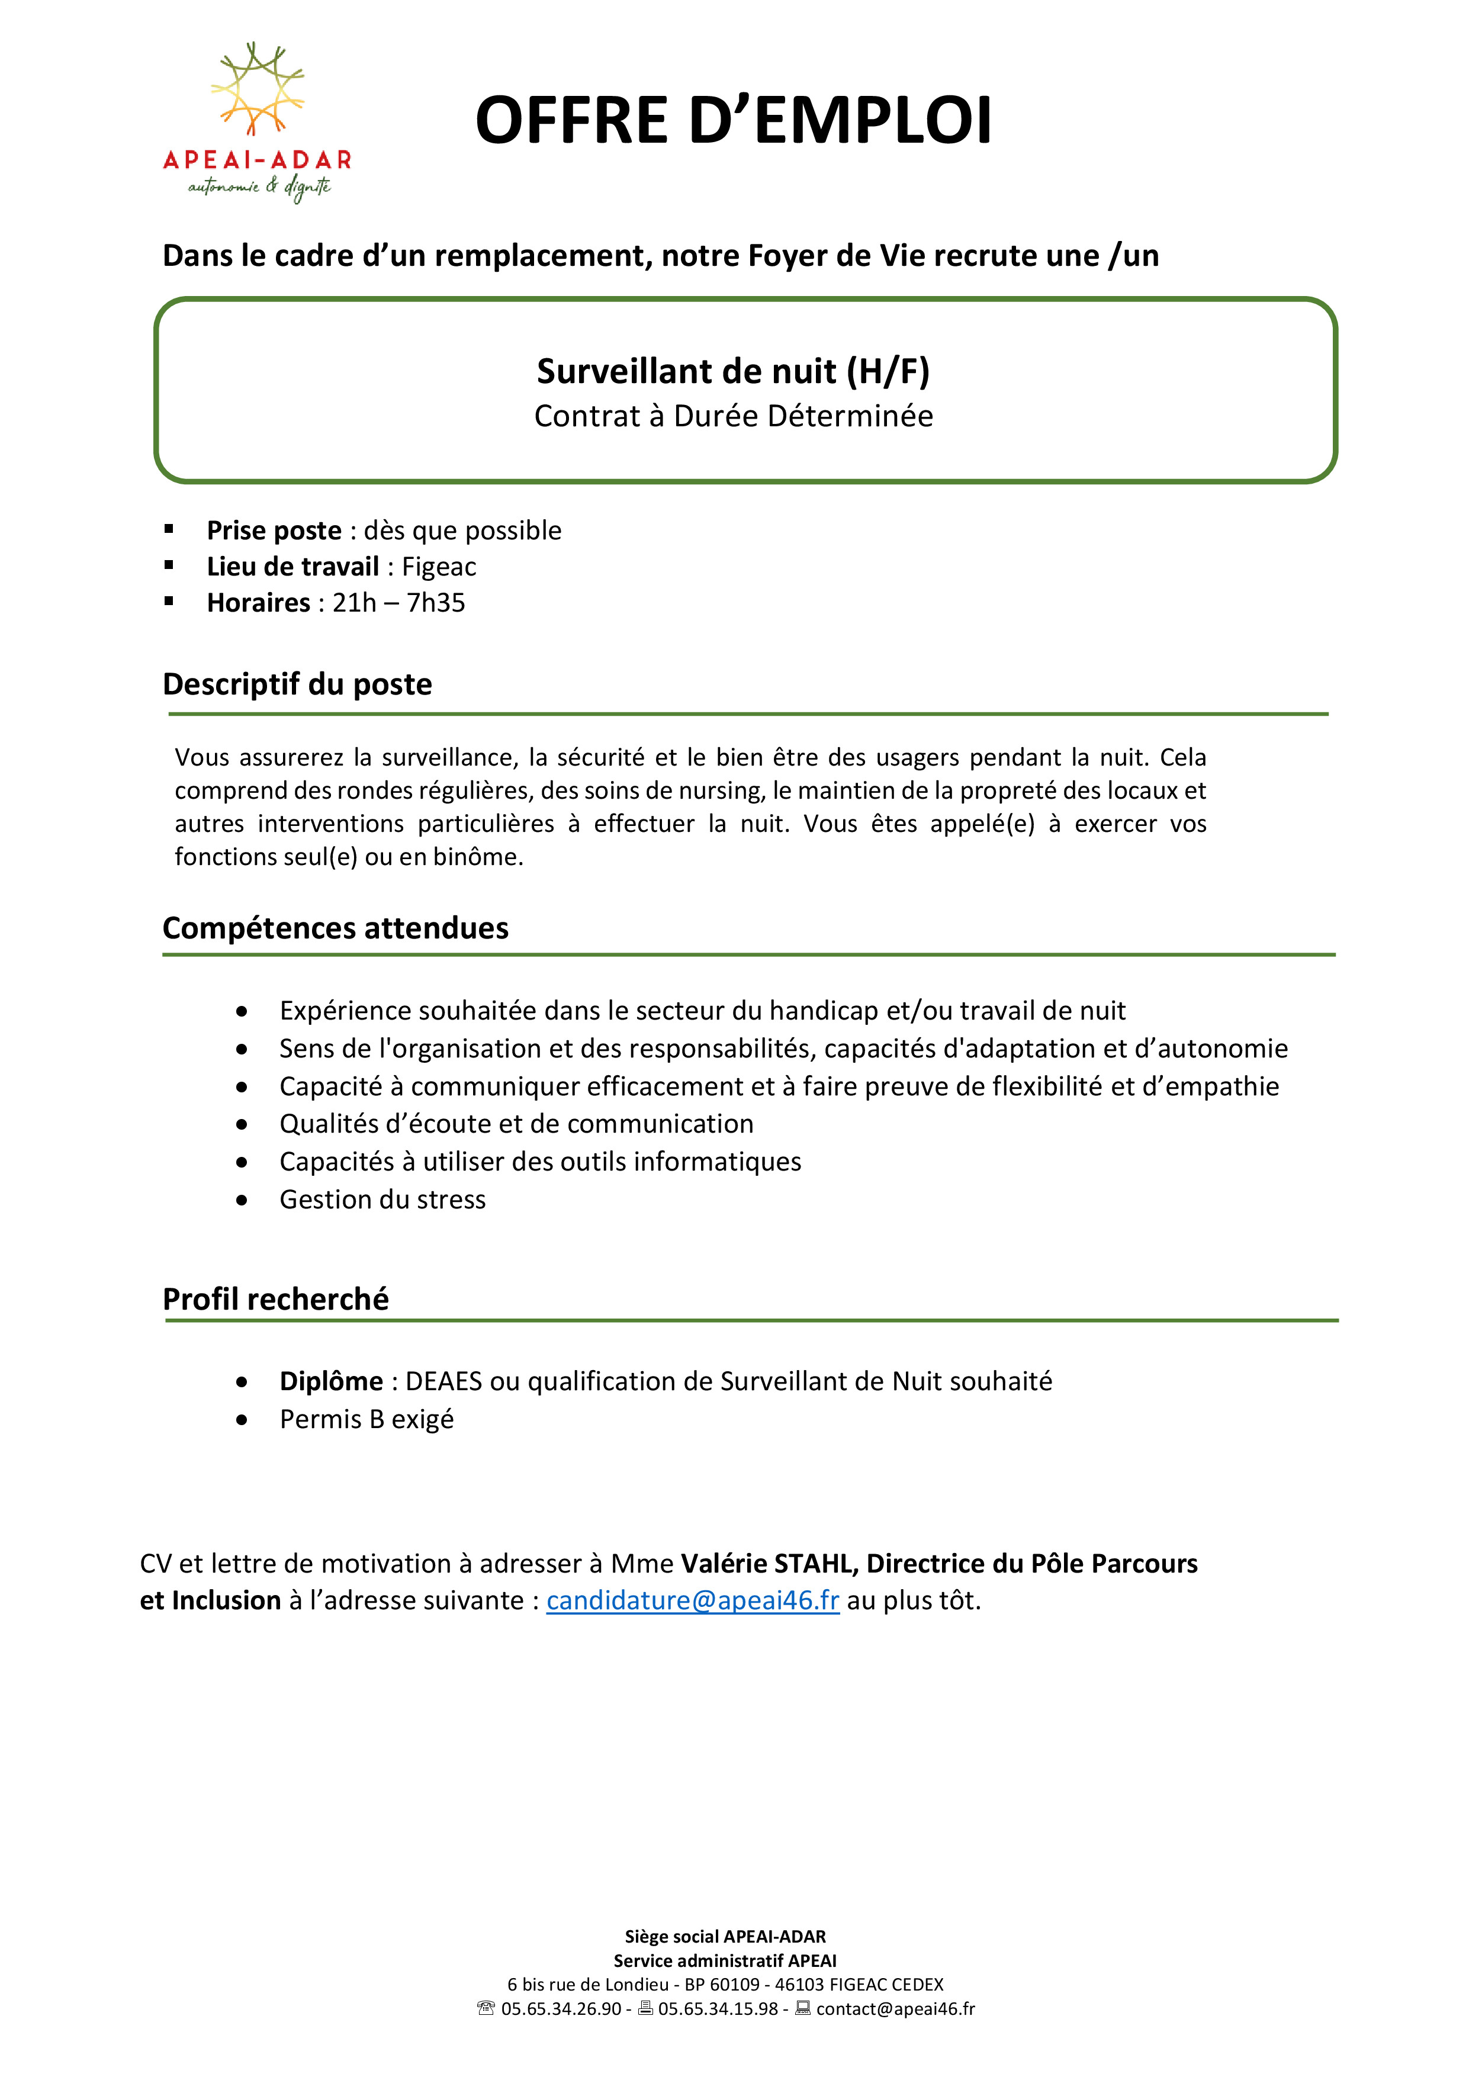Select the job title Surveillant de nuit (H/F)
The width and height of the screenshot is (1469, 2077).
pyautogui.click(x=732, y=371)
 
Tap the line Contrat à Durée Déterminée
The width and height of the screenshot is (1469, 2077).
pyautogui.click(x=732, y=416)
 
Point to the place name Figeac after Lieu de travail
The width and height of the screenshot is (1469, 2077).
pyautogui.click(x=439, y=567)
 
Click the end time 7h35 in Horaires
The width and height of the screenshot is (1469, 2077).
pyautogui.click(x=436, y=603)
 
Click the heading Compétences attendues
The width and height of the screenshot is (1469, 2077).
pyautogui.click(x=335, y=928)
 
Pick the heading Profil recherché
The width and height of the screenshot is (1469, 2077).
pyautogui.click(x=275, y=1299)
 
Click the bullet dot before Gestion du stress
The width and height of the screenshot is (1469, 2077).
pyautogui.click(x=242, y=1200)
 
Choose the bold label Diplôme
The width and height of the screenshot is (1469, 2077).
pyautogui.click(x=331, y=1381)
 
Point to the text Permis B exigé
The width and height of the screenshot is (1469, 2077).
pyautogui.click(x=367, y=1419)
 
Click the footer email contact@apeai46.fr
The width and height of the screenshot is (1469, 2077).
pyautogui.click(x=895, y=2009)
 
